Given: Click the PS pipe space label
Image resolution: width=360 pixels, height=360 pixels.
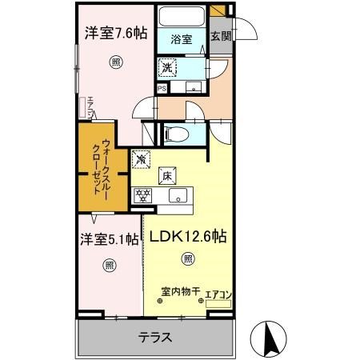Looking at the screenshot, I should tap(162, 89).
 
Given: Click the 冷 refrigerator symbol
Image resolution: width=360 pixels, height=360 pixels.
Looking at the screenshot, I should tap(141, 159).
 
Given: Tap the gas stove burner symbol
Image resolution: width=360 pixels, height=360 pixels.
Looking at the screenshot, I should tap(145, 194).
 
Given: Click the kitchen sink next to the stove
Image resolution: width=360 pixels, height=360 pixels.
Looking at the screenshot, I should tap(176, 195).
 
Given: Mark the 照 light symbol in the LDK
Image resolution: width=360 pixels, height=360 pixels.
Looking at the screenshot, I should tap(187, 258).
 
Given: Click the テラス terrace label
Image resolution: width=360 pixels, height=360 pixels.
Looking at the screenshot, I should tap(156, 337).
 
